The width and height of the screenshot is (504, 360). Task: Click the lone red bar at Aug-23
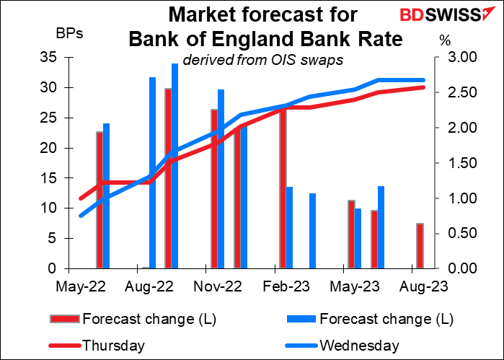tap(419, 246)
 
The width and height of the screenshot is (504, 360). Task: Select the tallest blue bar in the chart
tap(174, 166)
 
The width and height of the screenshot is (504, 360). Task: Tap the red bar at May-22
tap(100, 200)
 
